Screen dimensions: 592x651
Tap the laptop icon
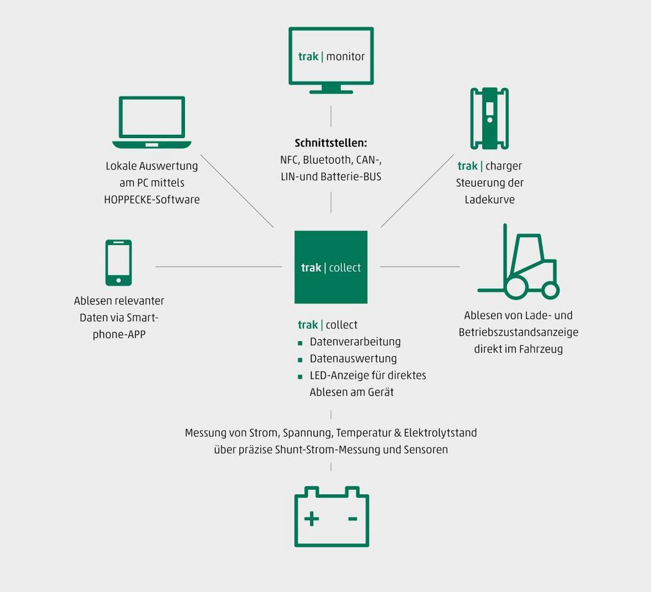(x=152, y=122)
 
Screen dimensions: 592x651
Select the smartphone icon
(x=118, y=262)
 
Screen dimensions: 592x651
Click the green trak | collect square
(x=331, y=267)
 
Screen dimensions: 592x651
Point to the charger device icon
(x=489, y=119)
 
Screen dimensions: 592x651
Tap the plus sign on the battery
(x=312, y=518)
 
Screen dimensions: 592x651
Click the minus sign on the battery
(x=352, y=518)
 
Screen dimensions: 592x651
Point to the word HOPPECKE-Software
(x=152, y=200)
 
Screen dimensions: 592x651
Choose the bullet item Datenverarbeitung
(x=355, y=342)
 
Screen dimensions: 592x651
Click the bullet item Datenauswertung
(x=353, y=359)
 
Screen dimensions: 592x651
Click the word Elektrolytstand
(x=440, y=432)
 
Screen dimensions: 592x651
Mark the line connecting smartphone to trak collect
(x=218, y=266)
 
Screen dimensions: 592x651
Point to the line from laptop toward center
(x=237, y=191)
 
